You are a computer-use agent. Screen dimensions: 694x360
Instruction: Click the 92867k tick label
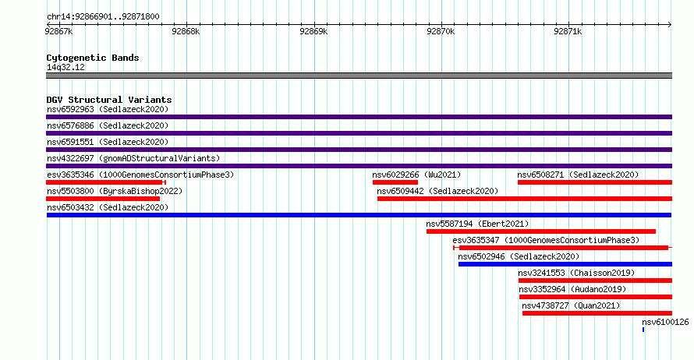58,31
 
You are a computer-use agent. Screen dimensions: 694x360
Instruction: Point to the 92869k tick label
313,31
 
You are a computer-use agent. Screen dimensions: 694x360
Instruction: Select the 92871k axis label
568,31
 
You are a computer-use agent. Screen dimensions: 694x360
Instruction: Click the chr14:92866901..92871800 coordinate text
103,17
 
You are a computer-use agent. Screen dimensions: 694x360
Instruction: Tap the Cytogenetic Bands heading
93,58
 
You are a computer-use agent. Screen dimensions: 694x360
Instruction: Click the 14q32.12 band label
66,67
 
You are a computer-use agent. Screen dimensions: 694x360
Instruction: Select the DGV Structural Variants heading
109,100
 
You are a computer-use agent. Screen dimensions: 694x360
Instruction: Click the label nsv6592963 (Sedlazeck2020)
108,109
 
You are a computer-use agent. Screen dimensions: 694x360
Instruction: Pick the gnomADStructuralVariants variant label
133,158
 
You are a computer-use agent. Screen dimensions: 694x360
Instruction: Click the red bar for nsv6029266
395,182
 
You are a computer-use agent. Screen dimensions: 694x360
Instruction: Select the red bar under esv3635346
106,182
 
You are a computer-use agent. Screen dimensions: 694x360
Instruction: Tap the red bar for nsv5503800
103,199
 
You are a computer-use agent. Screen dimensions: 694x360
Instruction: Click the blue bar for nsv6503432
359,215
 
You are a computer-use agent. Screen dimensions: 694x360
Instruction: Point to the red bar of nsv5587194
541,231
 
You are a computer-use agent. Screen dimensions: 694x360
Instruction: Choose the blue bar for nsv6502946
565,264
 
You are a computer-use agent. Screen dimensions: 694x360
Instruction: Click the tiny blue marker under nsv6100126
643,330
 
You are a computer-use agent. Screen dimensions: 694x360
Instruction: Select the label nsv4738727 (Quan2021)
571,305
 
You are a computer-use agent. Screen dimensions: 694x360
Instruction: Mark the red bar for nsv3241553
595,281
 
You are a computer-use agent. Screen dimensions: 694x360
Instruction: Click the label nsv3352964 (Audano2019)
572,289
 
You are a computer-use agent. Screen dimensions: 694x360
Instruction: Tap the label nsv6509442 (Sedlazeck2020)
437,191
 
